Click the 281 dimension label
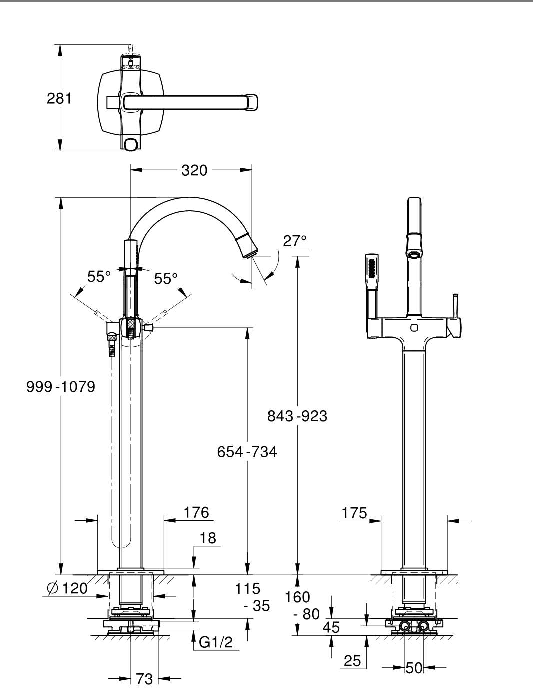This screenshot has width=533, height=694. coord(59,98)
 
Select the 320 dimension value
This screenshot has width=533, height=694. coord(194,170)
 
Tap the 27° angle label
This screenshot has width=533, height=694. coord(295,241)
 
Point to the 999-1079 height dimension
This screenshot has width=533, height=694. coord(61,387)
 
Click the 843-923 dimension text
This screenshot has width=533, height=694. coord(297,416)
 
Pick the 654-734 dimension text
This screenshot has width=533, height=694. coord(247,452)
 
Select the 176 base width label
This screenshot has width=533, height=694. coord(196,512)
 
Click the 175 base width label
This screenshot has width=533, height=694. coord(354,513)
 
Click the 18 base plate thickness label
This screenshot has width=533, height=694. coord(208,538)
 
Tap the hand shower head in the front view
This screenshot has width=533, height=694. coord(371,271)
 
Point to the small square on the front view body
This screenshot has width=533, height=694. coord(414,327)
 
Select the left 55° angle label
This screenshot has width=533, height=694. coord(99,277)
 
